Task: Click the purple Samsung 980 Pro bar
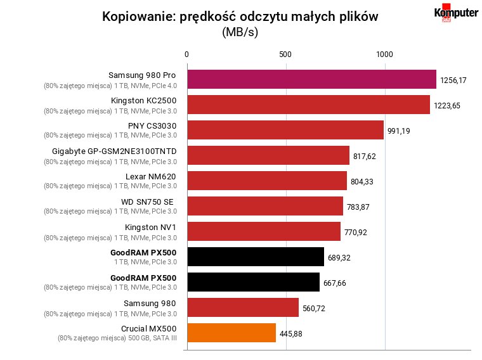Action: pos(311,79)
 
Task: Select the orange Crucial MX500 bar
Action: pos(231,333)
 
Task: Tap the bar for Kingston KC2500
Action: pos(309,105)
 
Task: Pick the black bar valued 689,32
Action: pos(256,257)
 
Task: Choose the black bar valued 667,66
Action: pos(254,282)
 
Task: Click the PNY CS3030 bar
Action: pos(285,130)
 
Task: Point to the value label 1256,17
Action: pos(453,80)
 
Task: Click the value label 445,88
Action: pos(291,333)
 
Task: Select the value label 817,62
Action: pos(364,157)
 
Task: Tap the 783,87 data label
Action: pos(358,207)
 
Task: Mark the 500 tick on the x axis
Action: pos(285,55)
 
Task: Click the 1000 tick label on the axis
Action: pos(384,55)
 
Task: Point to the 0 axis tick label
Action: pos(186,55)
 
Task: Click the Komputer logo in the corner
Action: pos(456,13)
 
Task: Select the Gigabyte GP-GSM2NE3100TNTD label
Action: pos(114,151)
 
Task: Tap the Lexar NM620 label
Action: pos(151,177)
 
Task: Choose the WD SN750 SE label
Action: pos(147,202)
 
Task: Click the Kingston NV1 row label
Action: pos(150,228)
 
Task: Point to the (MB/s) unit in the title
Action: pos(240,32)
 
